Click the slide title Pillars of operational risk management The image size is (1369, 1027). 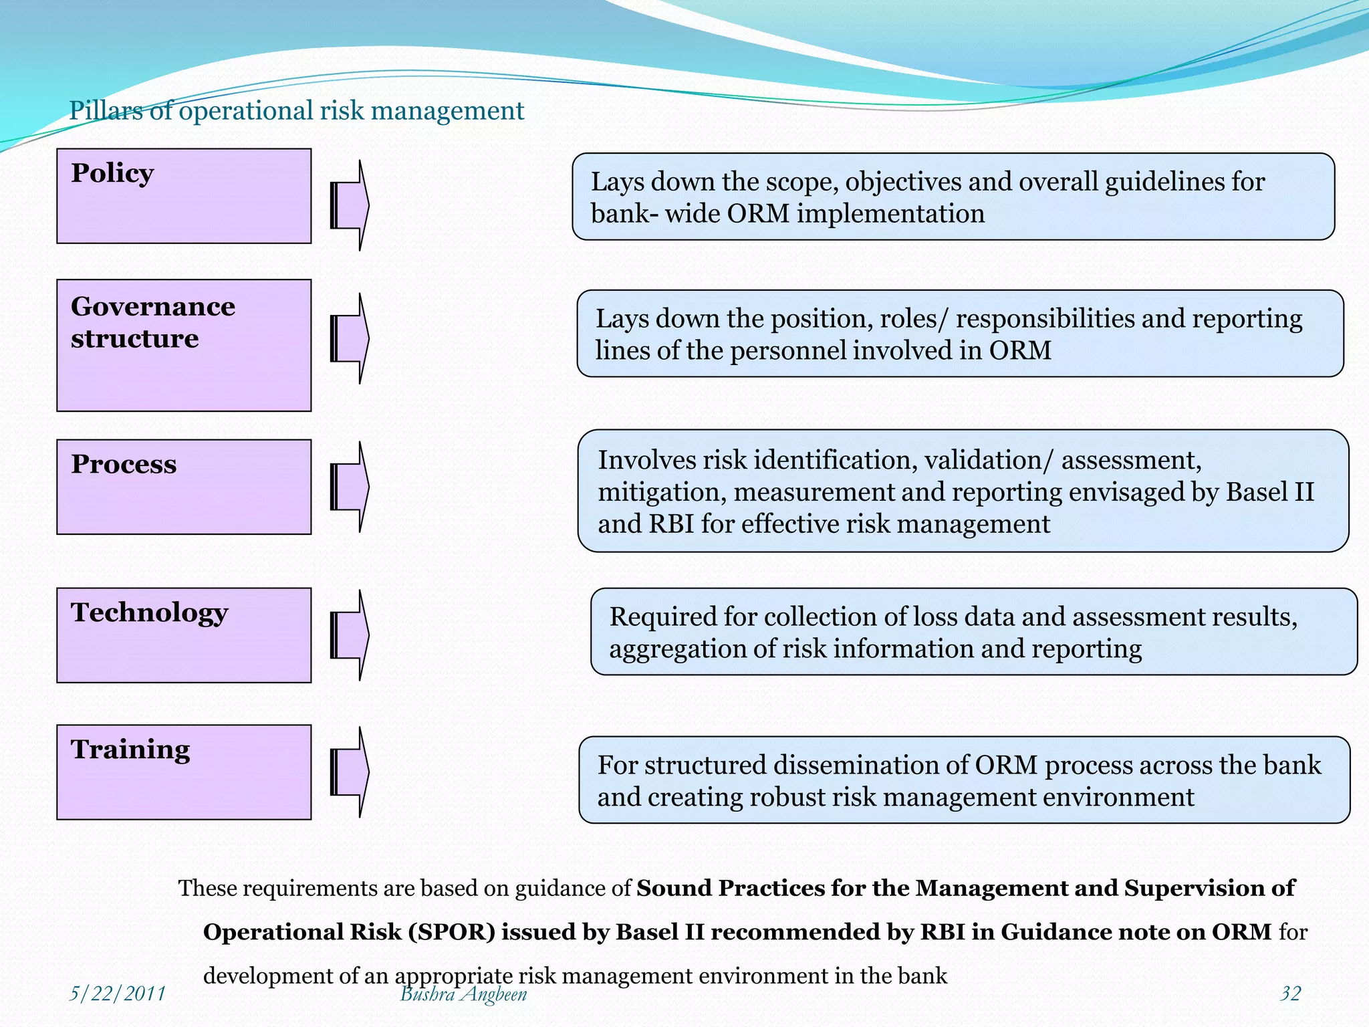296,111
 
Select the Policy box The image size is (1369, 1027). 184,196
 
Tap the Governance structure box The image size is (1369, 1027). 184,345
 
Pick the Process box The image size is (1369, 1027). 184,487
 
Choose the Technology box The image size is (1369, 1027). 184,635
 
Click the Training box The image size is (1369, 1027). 184,772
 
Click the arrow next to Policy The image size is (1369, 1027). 350,206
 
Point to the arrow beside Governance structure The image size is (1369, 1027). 350,338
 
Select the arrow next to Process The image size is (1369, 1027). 350,487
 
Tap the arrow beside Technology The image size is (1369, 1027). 350,635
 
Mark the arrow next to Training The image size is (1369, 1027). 350,772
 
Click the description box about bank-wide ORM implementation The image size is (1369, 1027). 953,197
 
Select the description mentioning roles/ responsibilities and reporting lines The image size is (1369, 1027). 960,334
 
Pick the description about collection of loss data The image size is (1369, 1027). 974,632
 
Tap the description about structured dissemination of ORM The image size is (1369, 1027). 964,780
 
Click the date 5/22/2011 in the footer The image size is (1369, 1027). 118,994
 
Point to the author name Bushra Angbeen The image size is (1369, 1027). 463,994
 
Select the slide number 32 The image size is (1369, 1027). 1290,994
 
